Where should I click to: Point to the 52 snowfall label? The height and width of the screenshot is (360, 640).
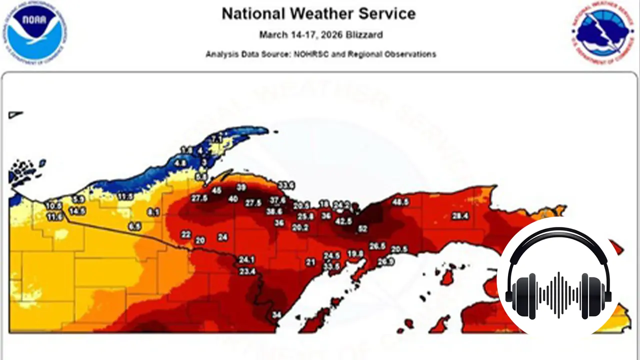(x=363, y=229)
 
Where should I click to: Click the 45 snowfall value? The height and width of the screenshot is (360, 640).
(x=217, y=190)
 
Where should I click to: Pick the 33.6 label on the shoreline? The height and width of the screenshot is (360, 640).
(x=286, y=186)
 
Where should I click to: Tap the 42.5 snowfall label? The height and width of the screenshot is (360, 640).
(x=343, y=220)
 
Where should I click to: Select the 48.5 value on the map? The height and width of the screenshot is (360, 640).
(x=400, y=202)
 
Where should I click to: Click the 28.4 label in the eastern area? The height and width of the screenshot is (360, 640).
(x=460, y=216)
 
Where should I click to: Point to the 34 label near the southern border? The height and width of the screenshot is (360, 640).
(x=276, y=315)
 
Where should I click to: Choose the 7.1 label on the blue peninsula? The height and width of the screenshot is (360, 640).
(x=216, y=138)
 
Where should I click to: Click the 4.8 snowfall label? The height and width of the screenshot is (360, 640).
(x=180, y=163)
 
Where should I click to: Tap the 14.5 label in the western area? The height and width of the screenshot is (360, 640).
(x=77, y=211)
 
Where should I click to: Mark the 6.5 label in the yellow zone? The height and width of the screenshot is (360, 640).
(x=134, y=226)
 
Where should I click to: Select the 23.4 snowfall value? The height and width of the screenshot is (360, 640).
(x=247, y=271)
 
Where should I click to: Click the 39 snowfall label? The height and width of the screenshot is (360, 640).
(x=241, y=187)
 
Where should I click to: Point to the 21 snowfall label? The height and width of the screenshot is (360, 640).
(x=310, y=262)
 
